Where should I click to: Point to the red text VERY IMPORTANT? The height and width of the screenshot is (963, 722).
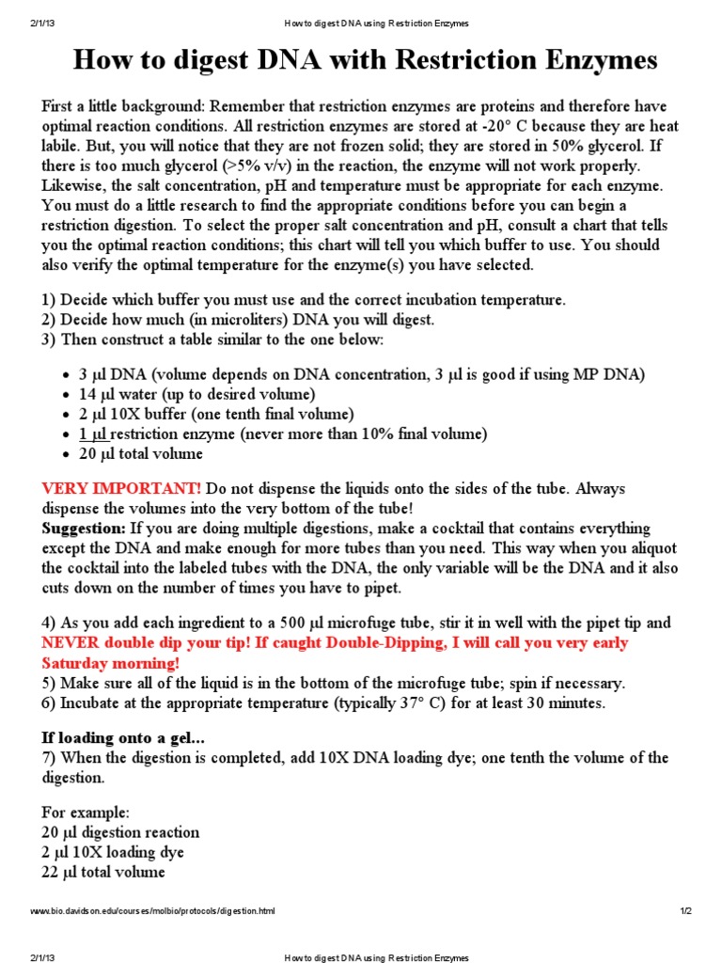click(121, 488)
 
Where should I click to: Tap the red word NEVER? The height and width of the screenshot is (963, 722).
click(69, 643)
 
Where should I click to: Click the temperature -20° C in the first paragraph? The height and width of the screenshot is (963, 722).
click(521, 126)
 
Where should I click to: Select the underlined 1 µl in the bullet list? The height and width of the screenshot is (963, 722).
click(93, 434)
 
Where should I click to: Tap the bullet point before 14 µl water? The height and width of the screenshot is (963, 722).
click(65, 394)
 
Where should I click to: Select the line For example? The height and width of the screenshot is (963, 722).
click(86, 812)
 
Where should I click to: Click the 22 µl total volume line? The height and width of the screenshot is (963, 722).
click(103, 872)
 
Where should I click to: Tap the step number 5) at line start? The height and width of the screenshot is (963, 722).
click(49, 684)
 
